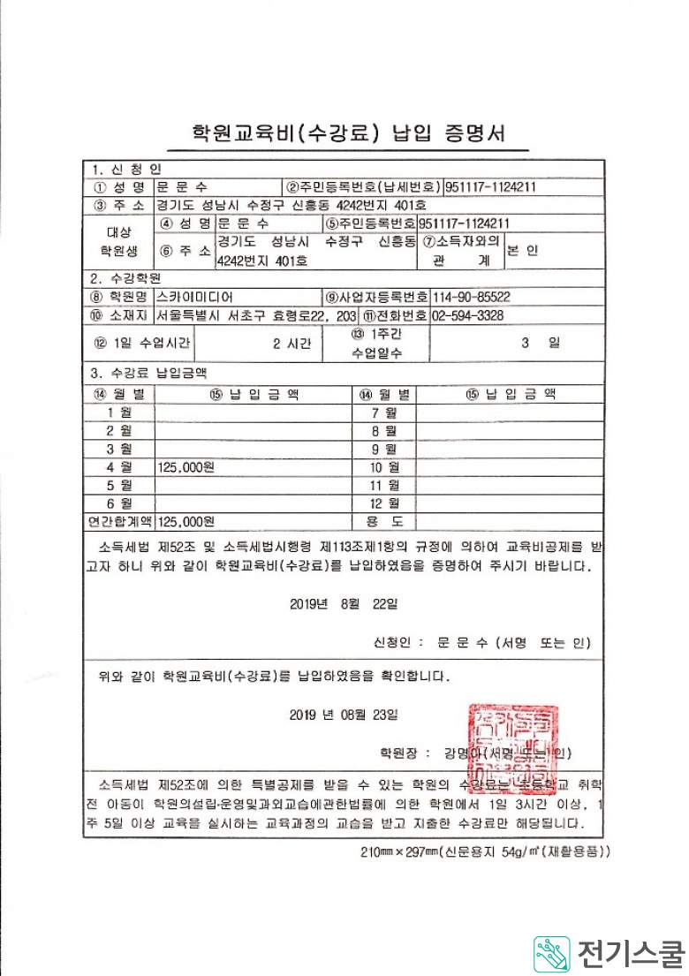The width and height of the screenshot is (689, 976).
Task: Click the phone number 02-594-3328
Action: click(x=468, y=315)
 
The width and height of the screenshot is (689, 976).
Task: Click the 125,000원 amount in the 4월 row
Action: click(x=185, y=465)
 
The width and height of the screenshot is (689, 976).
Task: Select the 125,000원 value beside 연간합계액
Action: click(x=185, y=521)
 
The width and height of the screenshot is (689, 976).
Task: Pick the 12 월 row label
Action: click(x=385, y=503)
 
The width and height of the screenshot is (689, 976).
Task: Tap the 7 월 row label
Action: click(x=385, y=412)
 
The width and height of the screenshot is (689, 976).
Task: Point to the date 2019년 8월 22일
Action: click(x=344, y=604)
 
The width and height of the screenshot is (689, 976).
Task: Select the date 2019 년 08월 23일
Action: click(x=344, y=714)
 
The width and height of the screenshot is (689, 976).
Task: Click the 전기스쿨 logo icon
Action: click(x=551, y=954)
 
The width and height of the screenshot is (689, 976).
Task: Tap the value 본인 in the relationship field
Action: click(x=522, y=250)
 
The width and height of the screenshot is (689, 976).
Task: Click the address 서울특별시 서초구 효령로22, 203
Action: click(x=256, y=315)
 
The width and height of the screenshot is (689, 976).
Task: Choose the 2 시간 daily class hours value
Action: click(x=291, y=344)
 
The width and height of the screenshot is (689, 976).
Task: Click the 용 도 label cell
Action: click(x=385, y=521)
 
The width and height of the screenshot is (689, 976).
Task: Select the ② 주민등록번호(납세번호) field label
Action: click(x=363, y=187)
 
